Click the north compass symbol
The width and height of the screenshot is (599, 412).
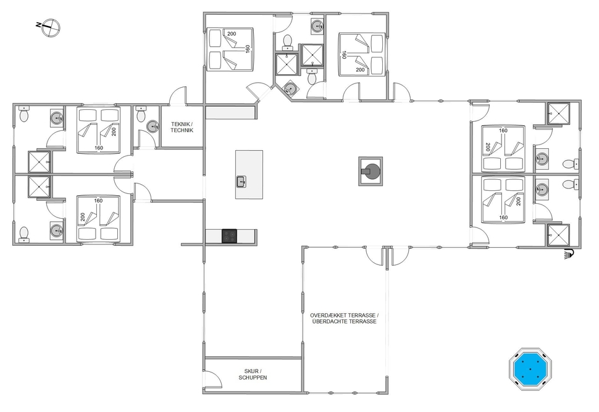coord(51,28)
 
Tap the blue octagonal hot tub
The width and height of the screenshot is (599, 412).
coord(530,369)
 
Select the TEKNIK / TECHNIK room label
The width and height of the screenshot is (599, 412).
coord(182,127)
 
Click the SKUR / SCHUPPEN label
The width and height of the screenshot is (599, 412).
coord(253,374)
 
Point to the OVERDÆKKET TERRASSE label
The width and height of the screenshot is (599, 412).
coord(344,315)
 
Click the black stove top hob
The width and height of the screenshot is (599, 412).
coord(229,236)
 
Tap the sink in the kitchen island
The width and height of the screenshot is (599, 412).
coord(241,182)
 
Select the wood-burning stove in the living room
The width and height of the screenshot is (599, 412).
coord(371,171)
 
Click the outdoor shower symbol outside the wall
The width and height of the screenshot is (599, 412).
coord(569,253)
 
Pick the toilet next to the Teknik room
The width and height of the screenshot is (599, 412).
coord(141,114)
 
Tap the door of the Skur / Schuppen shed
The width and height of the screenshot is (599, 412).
coord(213,379)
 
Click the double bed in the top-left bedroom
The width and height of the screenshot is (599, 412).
coord(99,130)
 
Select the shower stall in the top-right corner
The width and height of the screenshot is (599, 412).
coord(558,114)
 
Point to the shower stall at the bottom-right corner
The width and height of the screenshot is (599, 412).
coord(558,235)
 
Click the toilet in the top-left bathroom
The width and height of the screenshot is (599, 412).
coord(23,114)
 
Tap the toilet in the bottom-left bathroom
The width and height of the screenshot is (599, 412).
coord(23,234)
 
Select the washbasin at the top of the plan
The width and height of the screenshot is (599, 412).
coord(317,27)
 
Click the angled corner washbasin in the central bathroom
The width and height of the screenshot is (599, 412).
coord(290,89)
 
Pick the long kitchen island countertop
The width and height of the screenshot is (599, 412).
coord(249,175)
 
